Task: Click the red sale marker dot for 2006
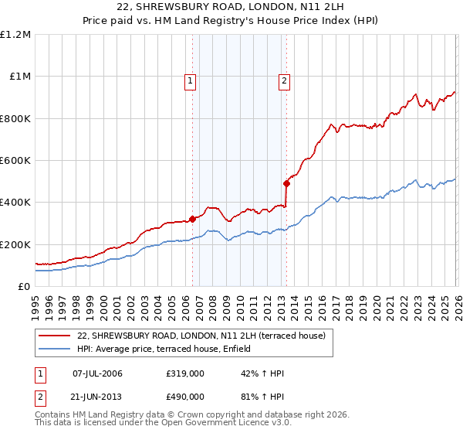pyautogui.click(x=192, y=219)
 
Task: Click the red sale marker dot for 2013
pyautogui.click(x=286, y=184)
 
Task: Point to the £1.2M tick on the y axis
pyautogui.click(x=15, y=35)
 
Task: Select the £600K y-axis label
pyautogui.click(x=15, y=161)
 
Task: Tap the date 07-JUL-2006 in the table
pyautogui.click(x=97, y=373)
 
